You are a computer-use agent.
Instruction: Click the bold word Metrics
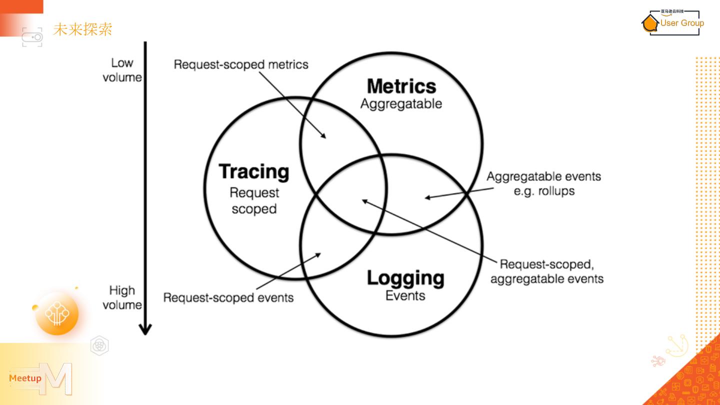(401, 86)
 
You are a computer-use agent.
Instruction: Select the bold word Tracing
(254, 171)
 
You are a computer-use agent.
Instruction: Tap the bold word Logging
(405, 278)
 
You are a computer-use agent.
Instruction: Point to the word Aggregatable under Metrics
(401, 104)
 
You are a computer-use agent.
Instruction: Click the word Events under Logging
(405, 295)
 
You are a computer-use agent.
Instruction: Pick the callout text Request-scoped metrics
(241, 64)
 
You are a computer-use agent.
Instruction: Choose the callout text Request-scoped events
(228, 297)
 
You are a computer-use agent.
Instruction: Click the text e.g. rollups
(544, 191)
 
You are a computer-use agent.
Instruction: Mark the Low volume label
(122, 70)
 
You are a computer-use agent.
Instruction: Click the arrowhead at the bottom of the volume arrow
(145, 329)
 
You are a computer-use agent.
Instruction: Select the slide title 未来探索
(82, 29)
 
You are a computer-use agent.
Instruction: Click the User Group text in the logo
(682, 23)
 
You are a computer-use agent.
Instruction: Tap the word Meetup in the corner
(25, 378)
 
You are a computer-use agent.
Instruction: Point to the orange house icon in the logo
(650, 23)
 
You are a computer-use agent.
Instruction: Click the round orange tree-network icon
(57, 313)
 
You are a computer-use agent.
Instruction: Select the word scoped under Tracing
(254, 209)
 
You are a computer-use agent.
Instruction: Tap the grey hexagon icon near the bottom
(99, 345)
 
